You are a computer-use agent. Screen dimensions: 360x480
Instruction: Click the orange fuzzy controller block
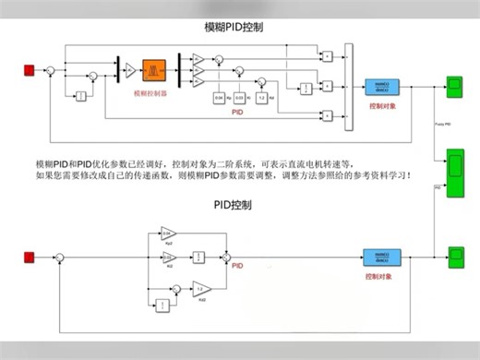click(x=153, y=69)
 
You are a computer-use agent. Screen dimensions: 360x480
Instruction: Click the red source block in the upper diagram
click(x=29, y=69)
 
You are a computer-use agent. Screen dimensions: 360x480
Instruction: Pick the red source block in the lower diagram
click(x=29, y=257)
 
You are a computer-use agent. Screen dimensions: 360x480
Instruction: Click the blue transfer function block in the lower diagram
click(x=379, y=257)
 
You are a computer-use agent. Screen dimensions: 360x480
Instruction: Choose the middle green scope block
click(x=455, y=172)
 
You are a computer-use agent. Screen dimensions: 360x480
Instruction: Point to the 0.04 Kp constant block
click(x=219, y=97)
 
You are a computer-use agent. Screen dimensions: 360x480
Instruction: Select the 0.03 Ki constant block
click(x=239, y=97)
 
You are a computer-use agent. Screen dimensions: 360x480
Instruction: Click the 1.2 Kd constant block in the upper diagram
click(x=260, y=97)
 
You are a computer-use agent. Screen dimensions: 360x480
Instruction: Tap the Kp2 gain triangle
click(x=168, y=233)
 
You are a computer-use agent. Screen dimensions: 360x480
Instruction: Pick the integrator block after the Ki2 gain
click(x=198, y=257)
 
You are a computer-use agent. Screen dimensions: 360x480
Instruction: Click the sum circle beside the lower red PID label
click(x=227, y=257)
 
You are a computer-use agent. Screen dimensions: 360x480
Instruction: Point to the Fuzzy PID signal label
click(x=442, y=123)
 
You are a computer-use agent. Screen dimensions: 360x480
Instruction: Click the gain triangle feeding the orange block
click(x=130, y=69)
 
